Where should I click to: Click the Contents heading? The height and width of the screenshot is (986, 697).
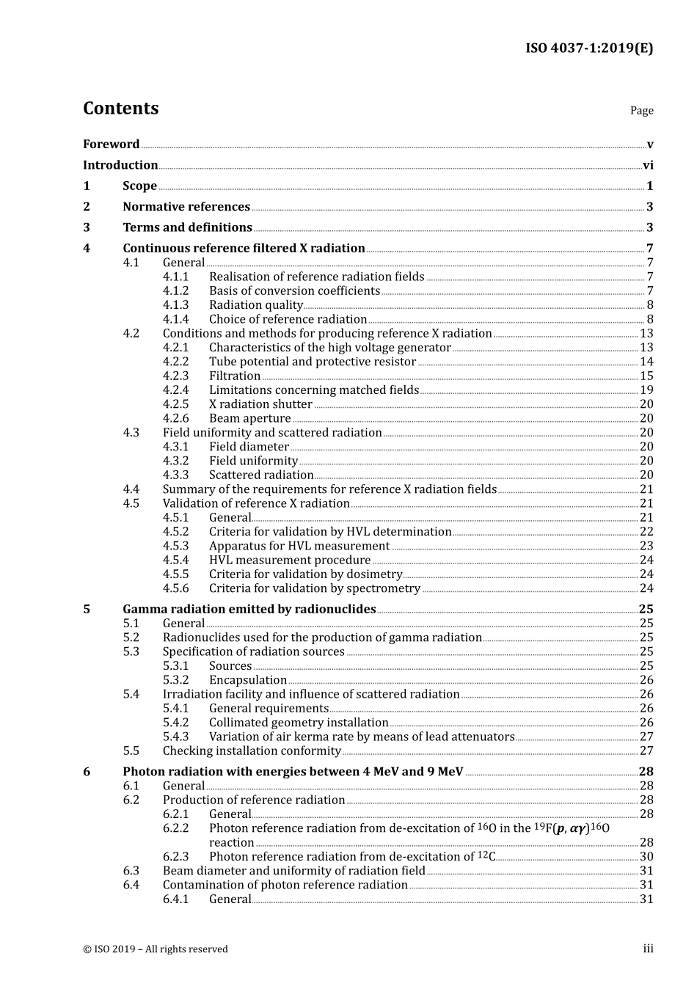[120, 109]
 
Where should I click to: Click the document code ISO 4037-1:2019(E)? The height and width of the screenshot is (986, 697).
[588, 48]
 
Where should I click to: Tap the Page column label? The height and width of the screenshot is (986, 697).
[641, 111]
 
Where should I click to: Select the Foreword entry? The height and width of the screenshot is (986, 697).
[111, 145]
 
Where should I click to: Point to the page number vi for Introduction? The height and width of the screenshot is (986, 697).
[648, 166]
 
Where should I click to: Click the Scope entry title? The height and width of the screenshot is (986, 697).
[139, 186]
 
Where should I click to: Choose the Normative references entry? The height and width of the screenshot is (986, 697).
[186, 207]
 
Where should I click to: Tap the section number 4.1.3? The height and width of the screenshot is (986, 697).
[175, 305]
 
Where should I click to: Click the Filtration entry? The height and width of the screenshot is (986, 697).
[235, 376]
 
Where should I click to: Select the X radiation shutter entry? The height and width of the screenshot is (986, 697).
[260, 405]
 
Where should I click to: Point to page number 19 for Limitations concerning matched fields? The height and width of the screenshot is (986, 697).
[646, 390]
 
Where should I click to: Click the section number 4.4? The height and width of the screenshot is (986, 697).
[131, 489]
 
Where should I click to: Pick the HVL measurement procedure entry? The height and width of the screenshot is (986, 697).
[290, 560]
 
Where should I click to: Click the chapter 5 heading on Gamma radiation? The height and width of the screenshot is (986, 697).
[249, 610]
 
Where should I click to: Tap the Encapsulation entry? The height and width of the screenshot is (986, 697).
[248, 681]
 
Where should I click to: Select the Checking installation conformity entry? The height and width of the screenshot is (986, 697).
[252, 751]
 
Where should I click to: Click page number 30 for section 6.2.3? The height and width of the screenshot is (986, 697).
[646, 857]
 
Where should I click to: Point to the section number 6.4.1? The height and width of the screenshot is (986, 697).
[175, 899]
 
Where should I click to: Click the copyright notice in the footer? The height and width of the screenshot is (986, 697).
[156, 949]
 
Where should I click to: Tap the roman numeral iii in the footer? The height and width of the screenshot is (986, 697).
[648, 949]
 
